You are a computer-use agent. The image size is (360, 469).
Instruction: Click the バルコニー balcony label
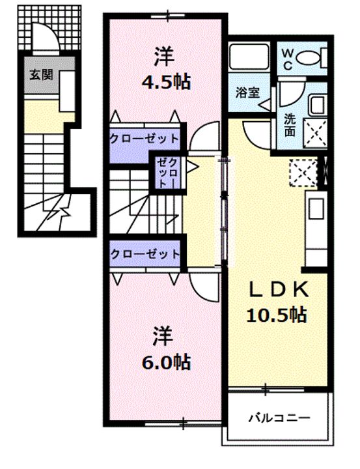279,418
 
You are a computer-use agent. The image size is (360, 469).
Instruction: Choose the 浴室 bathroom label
247,92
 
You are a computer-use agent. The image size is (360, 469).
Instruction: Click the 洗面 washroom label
290,125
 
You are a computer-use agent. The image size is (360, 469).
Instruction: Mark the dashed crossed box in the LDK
301,173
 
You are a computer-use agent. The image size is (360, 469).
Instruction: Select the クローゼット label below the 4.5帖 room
143,138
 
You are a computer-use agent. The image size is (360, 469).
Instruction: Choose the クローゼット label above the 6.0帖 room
143,254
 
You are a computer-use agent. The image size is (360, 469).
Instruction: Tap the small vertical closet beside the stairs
168,172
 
